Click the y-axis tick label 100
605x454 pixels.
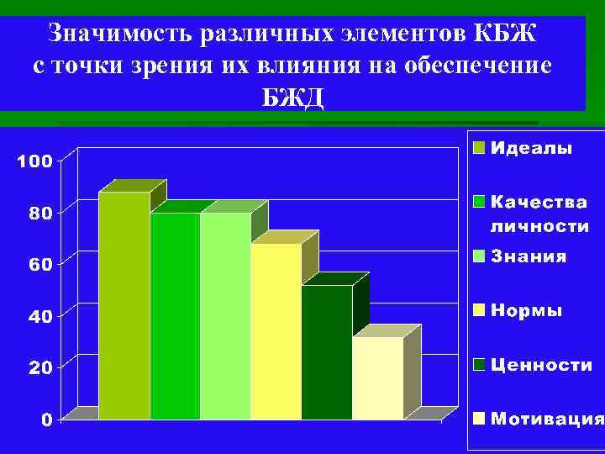click(35, 161)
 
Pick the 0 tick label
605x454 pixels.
click(48, 419)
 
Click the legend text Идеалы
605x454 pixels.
click(531, 149)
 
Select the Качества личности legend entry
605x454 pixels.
click(539, 214)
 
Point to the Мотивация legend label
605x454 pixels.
click(547, 419)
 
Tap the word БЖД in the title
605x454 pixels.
click(292, 95)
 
